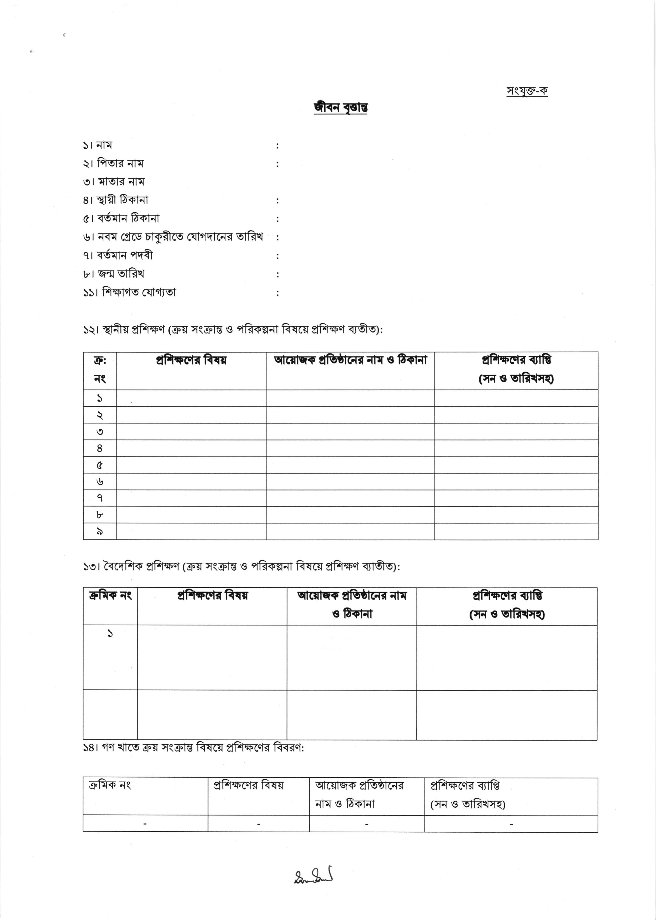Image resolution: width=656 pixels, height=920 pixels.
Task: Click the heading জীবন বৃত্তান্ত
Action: [x=341, y=108]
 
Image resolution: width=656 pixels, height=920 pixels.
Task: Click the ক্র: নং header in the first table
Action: [x=100, y=369]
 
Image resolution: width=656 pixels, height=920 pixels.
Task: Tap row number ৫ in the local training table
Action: [x=100, y=465]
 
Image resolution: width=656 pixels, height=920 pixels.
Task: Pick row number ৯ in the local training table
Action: [x=100, y=532]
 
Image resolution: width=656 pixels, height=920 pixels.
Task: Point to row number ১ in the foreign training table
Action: [x=110, y=633]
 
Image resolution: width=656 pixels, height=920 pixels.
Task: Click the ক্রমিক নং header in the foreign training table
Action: [x=110, y=596]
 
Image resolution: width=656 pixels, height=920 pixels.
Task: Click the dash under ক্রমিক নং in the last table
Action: [x=145, y=824]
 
